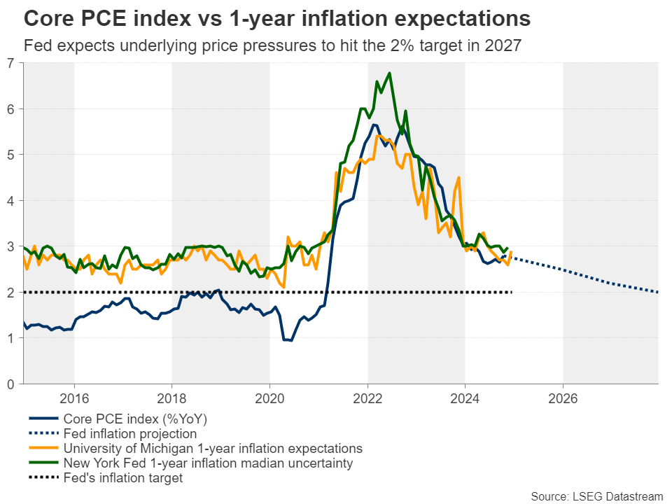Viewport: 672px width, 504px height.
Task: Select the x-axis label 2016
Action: [x=74, y=399]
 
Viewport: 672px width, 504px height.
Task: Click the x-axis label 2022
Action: [x=367, y=399]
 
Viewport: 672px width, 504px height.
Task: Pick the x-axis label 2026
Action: [x=563, y=399]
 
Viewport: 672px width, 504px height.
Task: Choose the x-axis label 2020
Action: [x=269, y=399]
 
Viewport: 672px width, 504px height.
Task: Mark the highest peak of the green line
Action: [x=389, y=73]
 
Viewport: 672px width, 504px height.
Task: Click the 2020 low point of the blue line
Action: [x=290, y=341]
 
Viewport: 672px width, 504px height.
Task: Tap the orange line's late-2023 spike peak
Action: [x=458, y=177]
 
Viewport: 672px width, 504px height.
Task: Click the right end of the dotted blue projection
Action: [x=657, y=292]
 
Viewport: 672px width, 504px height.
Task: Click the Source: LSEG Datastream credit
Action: [x=596, y=496]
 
